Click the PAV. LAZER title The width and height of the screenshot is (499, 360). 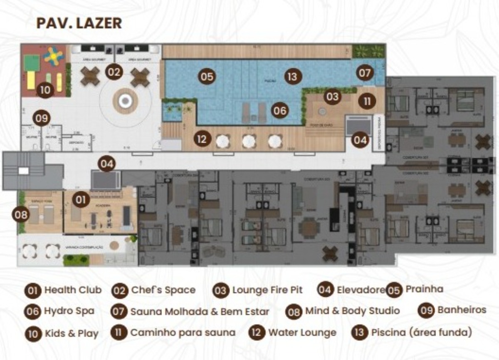(x=79, y=23)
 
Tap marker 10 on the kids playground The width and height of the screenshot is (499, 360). (x=45, y=89)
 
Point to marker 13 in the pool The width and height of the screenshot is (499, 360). (x=292, y=77)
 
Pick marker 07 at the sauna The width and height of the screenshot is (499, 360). (x=365, y=73)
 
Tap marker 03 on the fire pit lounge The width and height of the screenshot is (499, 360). (x=332, y=97)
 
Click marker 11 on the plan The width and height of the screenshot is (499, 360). (x=367, y=101)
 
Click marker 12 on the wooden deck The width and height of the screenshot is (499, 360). (x=202, y=139)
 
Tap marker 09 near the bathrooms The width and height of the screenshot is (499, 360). (x=42, y=118)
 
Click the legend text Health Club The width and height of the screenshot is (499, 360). (x=73, y=290)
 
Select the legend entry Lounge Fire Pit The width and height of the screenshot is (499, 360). (x=267, y=290)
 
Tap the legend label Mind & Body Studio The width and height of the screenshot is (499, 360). (x=352, y=311)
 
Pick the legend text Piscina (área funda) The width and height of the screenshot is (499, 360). (x=421, y=333)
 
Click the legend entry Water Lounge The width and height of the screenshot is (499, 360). (x=302, y=333)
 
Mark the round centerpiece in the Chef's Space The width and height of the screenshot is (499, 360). (x=124, y=100)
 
